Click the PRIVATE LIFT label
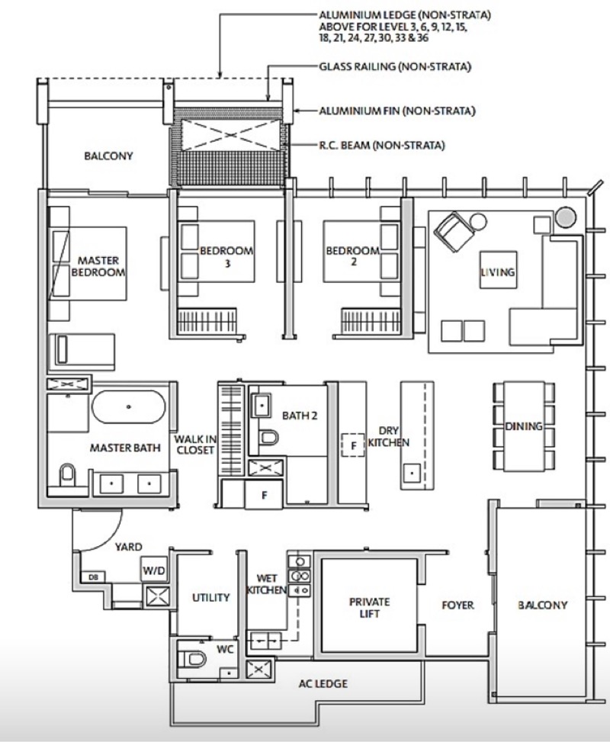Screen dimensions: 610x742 pyautogui.click(x=369, y=608)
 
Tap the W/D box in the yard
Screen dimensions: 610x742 pyautogui.click(x=154, y=570)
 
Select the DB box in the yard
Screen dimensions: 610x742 pyautogui.click(x=93, y=577)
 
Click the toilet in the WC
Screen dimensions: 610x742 pyautogui.click(x=192, y=659)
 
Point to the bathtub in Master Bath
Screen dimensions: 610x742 pyautogui.click(x=129, y=407)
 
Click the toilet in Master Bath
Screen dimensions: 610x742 pyautogui.click(x=68, y=474)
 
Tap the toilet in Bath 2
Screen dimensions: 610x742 pyautogui.click(x=269, y=437)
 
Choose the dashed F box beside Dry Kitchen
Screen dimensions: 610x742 pyautogui.click(x=353, y=445)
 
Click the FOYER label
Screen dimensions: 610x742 pyautogui.click(x=457, y=605)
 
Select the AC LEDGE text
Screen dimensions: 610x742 pyautogui.click(x=323, y=683)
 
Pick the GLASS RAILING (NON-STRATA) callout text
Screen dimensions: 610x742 pyautogui.click(x=395, y=66)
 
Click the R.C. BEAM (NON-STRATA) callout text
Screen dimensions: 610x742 pyautogui.click(x=382, y=145)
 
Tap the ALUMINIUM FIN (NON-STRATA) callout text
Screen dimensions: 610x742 pyautogui.click(x=397, y=111)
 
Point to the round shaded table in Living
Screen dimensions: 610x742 pyautogui.click(x=566, y=217)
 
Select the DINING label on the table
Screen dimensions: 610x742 pyautogui.click(x=523, y=426)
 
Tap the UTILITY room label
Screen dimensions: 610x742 pyautogui.click(x=210, y=597)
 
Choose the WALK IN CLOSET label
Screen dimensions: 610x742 pyautogui.click(x=195, y=445)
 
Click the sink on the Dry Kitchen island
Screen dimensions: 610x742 pyautogui.click(x=412, y=473)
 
